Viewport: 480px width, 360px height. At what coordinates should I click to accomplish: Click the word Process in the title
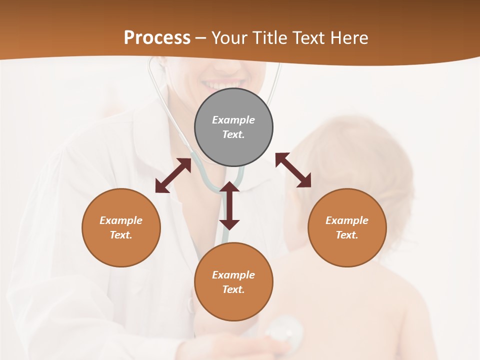[157, 38]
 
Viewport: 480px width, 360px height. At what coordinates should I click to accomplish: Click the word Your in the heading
[227, 38]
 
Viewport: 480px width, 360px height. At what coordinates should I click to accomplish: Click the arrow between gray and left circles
[173, 175]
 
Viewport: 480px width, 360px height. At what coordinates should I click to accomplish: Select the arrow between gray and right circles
[293, 170]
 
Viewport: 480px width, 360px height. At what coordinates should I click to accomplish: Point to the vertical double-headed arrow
[229, 205]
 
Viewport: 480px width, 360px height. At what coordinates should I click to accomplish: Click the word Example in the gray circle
[233, 120]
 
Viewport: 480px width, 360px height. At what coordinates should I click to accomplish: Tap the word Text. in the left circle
[121, 235]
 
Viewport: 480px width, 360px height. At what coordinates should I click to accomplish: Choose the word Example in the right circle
[347, 220]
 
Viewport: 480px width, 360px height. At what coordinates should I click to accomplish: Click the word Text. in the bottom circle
[233, 289]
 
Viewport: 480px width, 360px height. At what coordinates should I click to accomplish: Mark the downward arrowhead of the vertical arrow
[229, 224]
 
